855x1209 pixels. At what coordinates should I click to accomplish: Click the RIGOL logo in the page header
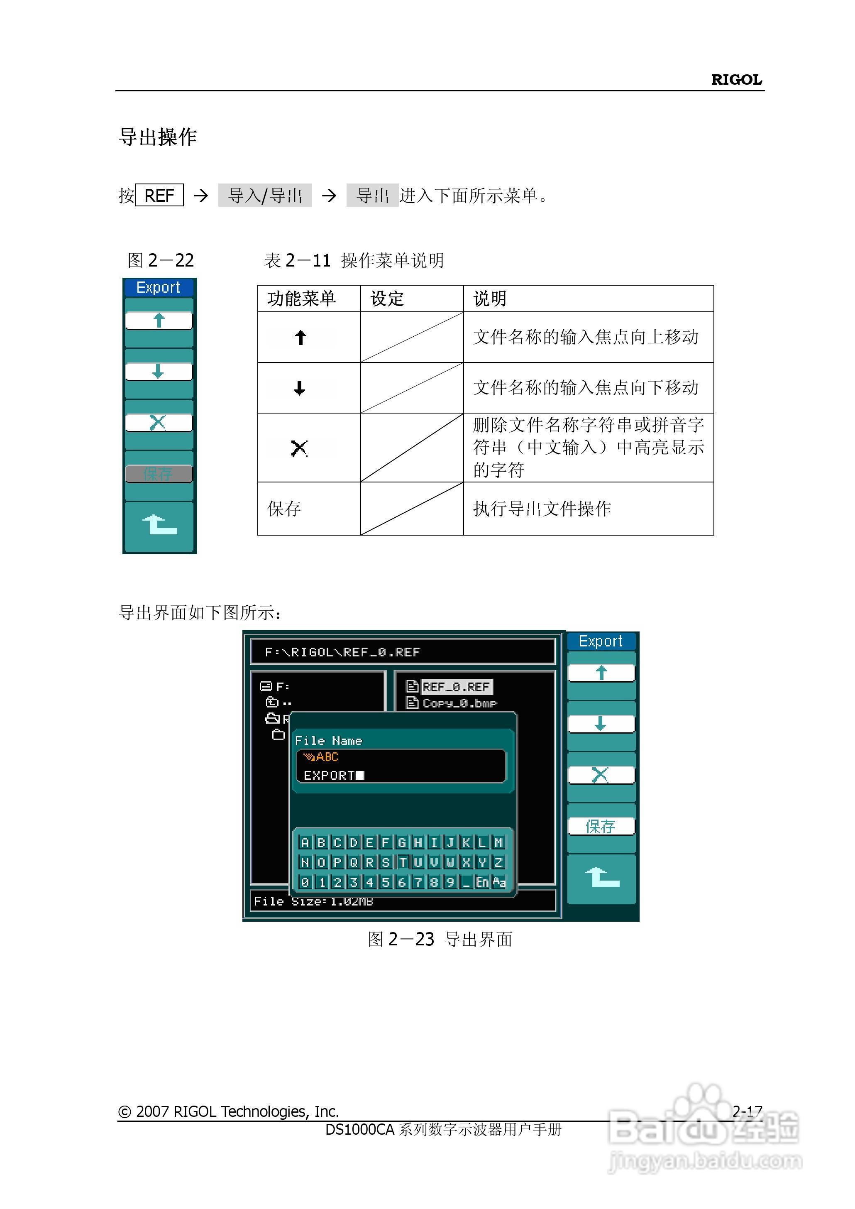(x=736, y=80)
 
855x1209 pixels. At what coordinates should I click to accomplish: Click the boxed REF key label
(x=159, y=196)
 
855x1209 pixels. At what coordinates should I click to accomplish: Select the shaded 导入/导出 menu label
(x=265, y=196)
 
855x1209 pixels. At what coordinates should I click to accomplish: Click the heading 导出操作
(x=158, y=137)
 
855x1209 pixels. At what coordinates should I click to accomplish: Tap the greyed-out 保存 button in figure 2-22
(x=159, y=474)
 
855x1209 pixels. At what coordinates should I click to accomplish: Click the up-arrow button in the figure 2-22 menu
(x=159, y=320)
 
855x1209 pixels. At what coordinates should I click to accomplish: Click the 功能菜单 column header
(x=301, y=299)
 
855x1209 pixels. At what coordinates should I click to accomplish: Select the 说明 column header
(x=490, y=299)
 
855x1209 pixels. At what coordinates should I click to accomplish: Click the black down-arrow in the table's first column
(x=300, y=389)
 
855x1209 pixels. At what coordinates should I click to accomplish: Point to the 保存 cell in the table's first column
(x=284, y=509)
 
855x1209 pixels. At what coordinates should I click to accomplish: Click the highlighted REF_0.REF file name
(x=456, y=687)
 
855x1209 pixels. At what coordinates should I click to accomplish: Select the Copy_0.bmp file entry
(x=459, y=703)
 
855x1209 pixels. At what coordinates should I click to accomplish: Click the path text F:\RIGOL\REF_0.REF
(x=343, y=652)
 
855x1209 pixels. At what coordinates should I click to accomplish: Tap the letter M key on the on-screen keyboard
(x=498, y=842)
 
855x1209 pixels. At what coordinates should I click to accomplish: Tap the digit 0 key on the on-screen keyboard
(x=305, y=882)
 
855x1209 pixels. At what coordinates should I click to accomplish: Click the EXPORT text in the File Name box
(x=330, y=776)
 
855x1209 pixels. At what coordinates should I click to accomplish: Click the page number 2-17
(x=747, y=1111)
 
